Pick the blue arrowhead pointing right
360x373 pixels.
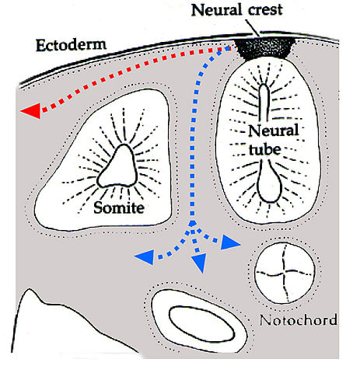(232, 244)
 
